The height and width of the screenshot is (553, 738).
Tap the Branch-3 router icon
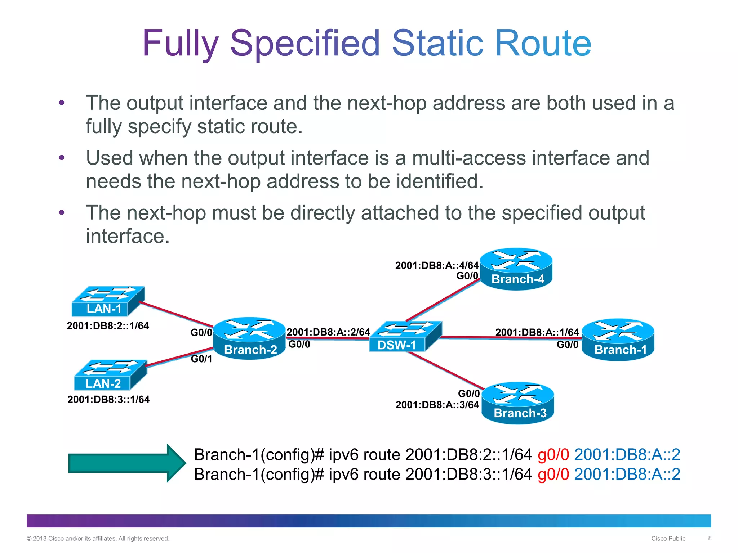[518, 403]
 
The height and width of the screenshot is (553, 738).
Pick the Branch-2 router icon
[249, 338]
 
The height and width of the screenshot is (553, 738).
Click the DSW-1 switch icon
[405, 336]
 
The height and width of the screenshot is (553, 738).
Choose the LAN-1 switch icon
[108, 301]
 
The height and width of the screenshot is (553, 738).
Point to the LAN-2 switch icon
[110, 375]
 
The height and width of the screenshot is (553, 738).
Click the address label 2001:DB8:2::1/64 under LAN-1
[108, 326]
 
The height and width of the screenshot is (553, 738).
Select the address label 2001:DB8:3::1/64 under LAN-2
[108, 400]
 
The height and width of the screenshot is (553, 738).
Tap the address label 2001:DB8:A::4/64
[437, 266]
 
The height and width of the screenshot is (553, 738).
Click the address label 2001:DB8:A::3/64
[437, 405]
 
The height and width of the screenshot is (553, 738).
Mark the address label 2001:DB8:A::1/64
[537, 332]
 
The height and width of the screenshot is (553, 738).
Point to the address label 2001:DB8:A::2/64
[328, 332]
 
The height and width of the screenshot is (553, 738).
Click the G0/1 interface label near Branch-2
[201, 359]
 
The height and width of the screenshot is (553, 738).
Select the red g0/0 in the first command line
[553, 455]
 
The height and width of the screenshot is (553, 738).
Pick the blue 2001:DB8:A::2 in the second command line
[627, 474]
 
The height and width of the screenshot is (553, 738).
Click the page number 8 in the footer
[710, 538]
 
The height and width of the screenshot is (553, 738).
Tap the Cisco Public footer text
[668, 539]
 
